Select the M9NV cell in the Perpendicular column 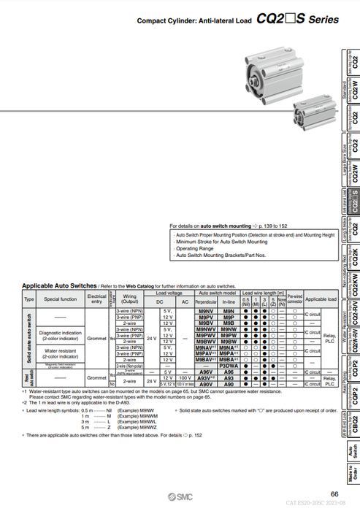point(205,312)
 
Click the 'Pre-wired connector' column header point(295,299)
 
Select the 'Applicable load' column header point(321,299)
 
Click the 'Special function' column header point(60,299)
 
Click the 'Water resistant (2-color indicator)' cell point(60,353)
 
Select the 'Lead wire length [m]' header point(262,292)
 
